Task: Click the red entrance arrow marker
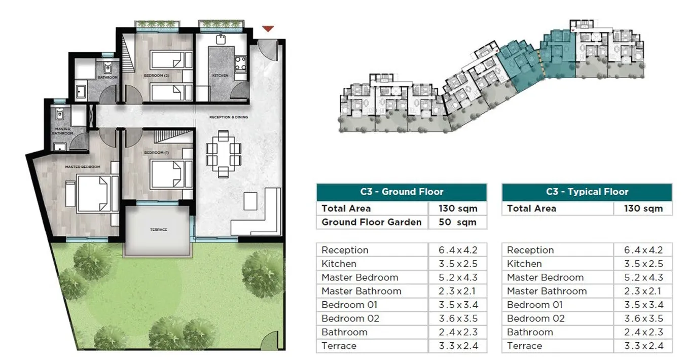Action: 268,29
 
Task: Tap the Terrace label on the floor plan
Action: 158,230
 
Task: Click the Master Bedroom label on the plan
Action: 82,167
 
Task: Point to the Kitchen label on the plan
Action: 220,76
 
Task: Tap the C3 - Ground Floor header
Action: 402,192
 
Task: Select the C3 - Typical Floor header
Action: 587,192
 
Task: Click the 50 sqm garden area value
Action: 457,222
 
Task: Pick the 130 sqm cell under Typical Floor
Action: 643,208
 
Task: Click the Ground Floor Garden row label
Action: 371,222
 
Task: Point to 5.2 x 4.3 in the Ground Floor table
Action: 457,277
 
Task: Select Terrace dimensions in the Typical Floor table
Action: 643,346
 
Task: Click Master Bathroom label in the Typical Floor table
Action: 547,291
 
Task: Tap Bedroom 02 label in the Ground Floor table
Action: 350,318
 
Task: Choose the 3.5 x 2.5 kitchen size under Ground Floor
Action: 457,264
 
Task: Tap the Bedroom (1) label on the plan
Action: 154,153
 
